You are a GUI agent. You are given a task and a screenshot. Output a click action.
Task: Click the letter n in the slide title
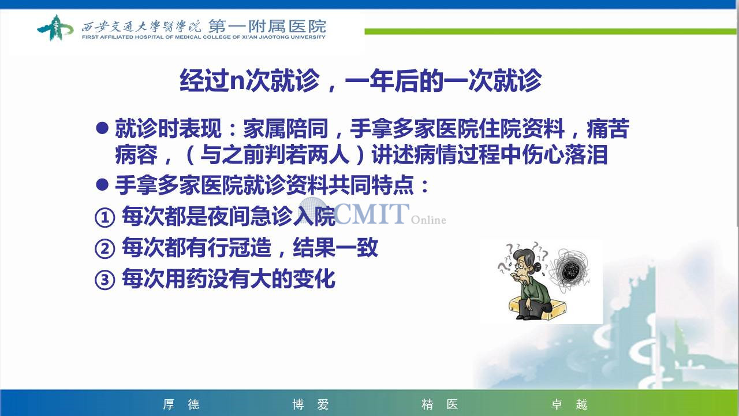point(237,81)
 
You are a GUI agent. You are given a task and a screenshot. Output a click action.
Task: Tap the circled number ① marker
point(105,218)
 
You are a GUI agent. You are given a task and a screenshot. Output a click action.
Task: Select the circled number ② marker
point(105,249)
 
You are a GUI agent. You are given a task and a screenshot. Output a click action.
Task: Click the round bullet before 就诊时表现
point(102,128)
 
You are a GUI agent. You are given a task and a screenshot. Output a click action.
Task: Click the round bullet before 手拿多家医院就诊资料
point(102,185)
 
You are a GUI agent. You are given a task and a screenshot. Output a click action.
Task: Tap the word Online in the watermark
point(428,220)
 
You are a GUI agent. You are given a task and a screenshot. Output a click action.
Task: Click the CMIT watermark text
point(371,214)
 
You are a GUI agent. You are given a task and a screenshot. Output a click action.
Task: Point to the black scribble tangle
point(570,271)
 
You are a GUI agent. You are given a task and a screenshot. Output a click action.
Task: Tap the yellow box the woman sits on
point(538,309)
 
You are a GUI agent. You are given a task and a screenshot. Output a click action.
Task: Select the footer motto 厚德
point(181,404)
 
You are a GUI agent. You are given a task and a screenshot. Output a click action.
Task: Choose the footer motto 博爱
point(311,404)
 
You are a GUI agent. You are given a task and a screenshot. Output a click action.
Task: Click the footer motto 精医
point(440,404)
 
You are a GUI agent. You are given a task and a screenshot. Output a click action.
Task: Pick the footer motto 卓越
point(569,404)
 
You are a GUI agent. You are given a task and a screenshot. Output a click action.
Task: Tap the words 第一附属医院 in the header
point(267,26)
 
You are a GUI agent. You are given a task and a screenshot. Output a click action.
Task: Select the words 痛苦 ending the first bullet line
point(608,128)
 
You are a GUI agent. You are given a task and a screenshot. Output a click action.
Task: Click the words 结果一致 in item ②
point(335,248)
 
